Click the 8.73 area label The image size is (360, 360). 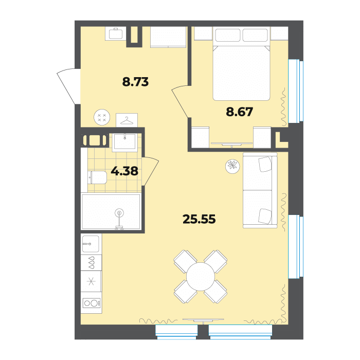tap(135, 82)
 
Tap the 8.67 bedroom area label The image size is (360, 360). tap(240, 112)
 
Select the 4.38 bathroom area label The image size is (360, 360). tap(124, 171)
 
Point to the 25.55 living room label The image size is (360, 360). tap(199, 219)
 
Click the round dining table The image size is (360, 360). tap(201, 277)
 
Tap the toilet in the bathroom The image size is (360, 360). tap(97, 177)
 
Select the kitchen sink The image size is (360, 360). tap(90, 244)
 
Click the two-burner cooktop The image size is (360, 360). tap(91, 303)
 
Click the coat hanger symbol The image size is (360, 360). tap(127, 120)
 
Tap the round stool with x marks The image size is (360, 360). tap(102, 117)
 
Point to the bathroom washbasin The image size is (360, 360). tap(125, 141)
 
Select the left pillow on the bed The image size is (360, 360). tap(228, 34)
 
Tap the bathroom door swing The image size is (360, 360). tap(150, 171)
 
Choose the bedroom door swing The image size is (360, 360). tap(182, 101)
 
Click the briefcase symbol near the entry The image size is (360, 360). tap(116, 33)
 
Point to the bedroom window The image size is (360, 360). tap(296, 91)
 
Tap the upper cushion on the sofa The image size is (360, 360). tap(265, 164)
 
